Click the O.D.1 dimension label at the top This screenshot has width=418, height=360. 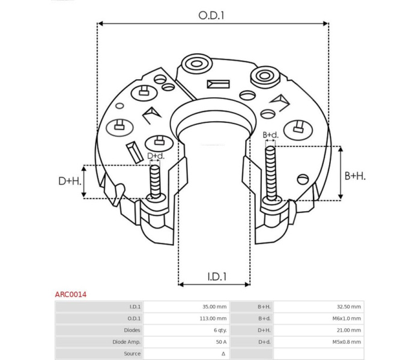pyautogui.click(x=211, y=16)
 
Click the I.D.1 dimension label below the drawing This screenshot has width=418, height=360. pyautogui.click(x=217, y=277)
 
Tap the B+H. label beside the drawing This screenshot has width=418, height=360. pyautogui.click(x=355, y=176)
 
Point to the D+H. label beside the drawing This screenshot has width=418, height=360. pyautogui.click(x=70, y=181)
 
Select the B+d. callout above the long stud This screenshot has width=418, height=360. pyautogui.click(x=270, y=135)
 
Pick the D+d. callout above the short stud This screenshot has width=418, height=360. pyautogui.click(x=156, y=156)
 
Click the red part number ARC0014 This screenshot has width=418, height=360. pyautogui.click(x=71, y=295)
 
